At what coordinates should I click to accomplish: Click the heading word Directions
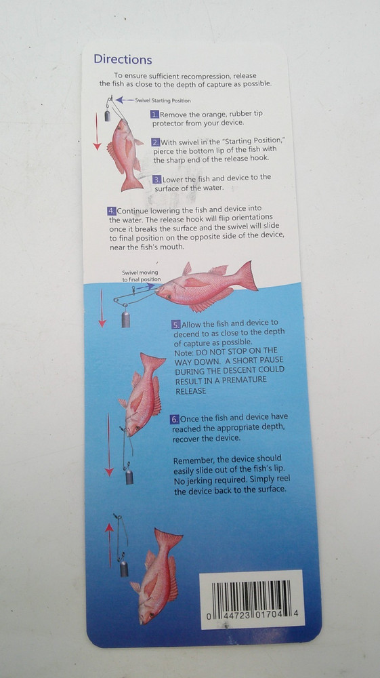[x=123, y=60]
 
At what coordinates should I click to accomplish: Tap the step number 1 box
[x=154, y=114]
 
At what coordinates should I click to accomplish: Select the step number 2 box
[x=155, y=142]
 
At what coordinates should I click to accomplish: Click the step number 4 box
[x=111, y=210]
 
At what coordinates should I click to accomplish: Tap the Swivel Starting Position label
[x=158, y=100]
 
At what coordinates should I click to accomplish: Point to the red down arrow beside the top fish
[x=97, y=136]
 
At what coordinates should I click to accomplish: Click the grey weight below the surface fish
[x=124, y=317]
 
